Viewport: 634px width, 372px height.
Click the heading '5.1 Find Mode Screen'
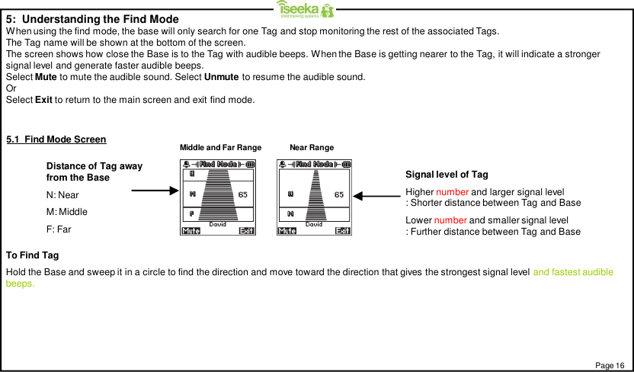tap(56, 139)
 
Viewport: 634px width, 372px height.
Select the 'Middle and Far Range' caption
tap(220, 147)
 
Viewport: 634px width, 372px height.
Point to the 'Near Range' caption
tap(312, 147)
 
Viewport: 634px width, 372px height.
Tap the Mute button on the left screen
tap(191, 232)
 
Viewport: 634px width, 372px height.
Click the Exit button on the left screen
tap(246, 232)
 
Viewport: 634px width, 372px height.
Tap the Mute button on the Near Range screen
tap(287, 232)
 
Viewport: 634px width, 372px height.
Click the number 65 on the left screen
tap(242, 194)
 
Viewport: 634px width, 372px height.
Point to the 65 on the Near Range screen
tap(339, 194)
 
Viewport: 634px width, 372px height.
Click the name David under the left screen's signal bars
tap(217, 224)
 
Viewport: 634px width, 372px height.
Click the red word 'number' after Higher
tap(451, 191)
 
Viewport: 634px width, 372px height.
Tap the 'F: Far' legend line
tap(59, 229)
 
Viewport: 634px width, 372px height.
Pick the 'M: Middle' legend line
tap(66, 211)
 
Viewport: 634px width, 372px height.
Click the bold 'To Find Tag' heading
tap(32, 255)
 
